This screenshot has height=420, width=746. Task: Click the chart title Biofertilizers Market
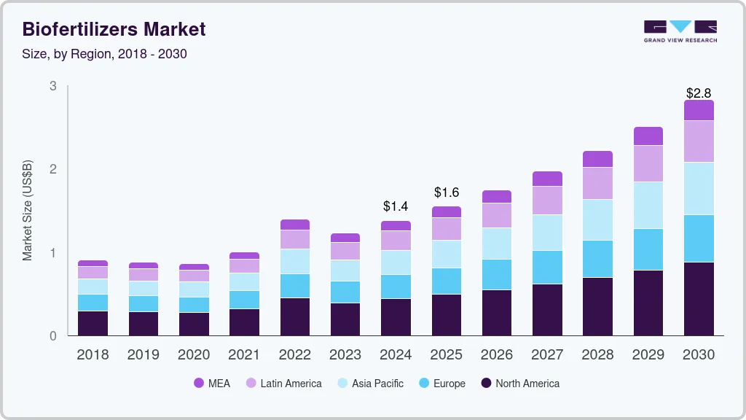coord(114,29)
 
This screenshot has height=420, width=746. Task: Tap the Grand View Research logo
coord(680,31)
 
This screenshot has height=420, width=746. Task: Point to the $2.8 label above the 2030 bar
coord(699,93)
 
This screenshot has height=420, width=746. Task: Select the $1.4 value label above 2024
coord(396,206)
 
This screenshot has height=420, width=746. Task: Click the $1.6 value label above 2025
coord(446,192)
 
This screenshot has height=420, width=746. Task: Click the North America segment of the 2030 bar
coord(699,299)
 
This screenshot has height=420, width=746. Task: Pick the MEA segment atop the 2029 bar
coord(648,136)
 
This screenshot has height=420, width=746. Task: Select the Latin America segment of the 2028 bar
coord(597,183)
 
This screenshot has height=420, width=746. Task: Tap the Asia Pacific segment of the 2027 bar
coord(547,233)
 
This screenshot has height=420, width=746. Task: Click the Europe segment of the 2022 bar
coord(295,286)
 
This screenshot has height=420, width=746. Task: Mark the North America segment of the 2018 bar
coord(93,323)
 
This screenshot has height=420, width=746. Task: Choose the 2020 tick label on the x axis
coord(194,355)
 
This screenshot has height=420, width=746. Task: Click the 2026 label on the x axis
coord(497,355)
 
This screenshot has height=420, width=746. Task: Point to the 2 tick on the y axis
coord(52,169)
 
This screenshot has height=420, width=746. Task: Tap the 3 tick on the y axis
coord(52,86)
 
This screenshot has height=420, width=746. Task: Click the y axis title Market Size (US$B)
coord(28,211)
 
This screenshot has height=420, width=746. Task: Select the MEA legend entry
coord(212,384)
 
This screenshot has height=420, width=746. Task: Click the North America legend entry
coord(519,384)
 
